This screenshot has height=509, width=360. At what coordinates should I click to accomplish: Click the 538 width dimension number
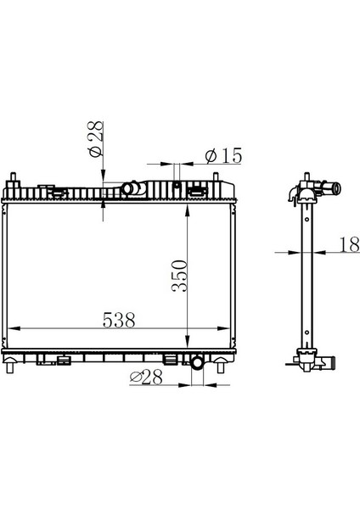pyautogui.click(x=119, y=320)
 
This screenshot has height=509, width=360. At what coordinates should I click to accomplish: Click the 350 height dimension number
pyautogui.click(x=180, y=276)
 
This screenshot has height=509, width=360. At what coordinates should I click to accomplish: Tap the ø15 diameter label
pyautogui.click(x=224, y=155)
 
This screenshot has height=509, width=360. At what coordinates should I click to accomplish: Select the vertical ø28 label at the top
pyautogui.click(x=95, y=139)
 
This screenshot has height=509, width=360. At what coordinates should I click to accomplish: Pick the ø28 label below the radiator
pyautogui.click(x=146, y=378)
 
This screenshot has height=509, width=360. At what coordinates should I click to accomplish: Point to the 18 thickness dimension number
pyautogui.click(x=350, y=244)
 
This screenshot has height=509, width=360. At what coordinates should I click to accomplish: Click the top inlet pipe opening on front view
pyautogui.click(x=127, y=188)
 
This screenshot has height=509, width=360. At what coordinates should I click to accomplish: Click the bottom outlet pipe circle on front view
pyautogui.click(x=197, y=362)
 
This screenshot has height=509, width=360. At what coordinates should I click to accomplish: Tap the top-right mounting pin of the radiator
pyautogui.click(x=216, y=178)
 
